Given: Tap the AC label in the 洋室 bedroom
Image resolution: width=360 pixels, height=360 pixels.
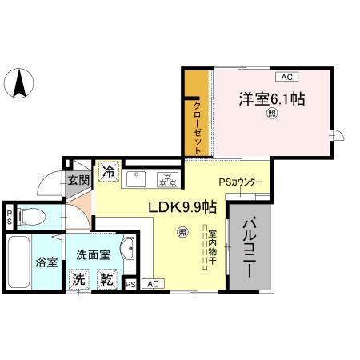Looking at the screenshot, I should [286, 77].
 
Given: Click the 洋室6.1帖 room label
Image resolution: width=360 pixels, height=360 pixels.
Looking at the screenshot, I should [270, 100].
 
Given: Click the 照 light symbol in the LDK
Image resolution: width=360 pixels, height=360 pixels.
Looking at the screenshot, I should [182, 233].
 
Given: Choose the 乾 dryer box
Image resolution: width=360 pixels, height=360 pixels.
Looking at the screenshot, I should [105, 279].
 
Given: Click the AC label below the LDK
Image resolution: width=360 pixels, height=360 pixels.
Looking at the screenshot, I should [152, 283].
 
